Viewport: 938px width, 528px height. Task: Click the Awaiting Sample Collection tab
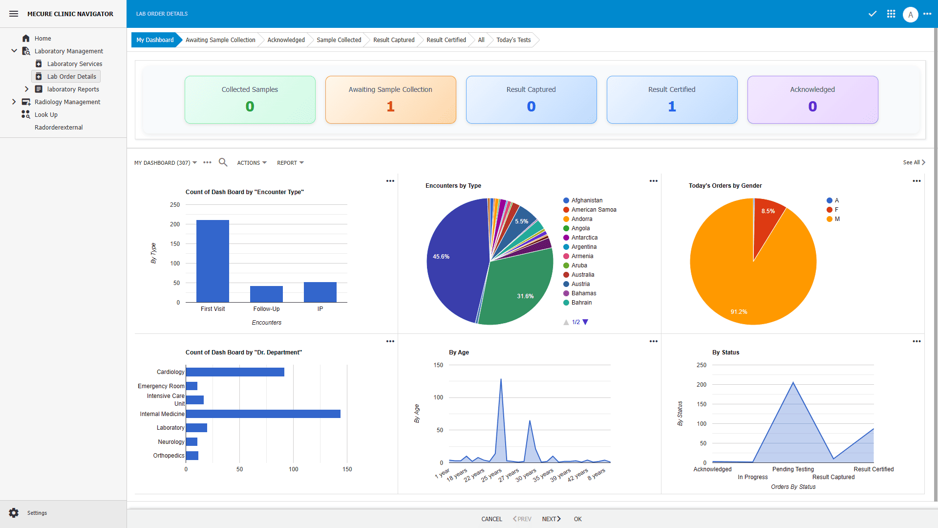220,40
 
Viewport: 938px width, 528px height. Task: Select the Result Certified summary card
672,100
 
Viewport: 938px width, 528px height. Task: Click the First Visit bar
213,261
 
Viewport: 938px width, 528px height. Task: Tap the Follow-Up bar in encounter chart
266,294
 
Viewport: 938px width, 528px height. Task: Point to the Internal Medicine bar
263,414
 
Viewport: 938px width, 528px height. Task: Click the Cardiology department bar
235,372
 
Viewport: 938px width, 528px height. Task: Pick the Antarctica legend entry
584,238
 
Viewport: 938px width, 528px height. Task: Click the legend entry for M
836,219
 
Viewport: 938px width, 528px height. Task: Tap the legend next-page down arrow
585,322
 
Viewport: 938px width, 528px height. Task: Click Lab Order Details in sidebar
71,77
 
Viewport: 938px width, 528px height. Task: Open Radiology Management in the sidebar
67,102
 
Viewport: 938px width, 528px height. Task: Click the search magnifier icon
223,162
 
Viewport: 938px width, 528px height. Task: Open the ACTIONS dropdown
252,163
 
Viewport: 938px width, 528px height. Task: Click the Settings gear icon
14,513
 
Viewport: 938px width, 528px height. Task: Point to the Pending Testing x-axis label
793,469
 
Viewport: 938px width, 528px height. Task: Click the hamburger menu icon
14,14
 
